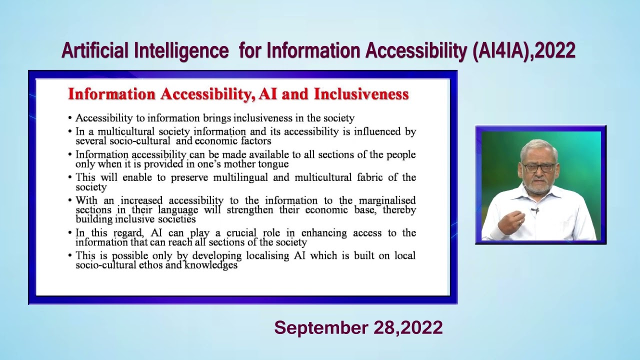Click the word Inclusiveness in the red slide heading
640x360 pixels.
(x=361, y=94)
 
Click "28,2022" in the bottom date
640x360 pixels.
(x=408, y=328)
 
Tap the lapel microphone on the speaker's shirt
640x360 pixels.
(x=534, y=210)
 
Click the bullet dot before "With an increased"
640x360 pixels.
(x=70, y=201)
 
